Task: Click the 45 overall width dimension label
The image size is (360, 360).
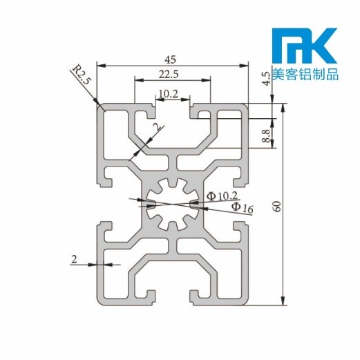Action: pos(172,59)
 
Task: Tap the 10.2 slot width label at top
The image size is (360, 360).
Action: pos(169,93)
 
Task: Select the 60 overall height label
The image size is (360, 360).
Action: pos(277,205)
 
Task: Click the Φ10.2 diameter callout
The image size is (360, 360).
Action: pos(223,197)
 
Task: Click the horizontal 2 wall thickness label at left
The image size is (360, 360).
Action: pos(74,259)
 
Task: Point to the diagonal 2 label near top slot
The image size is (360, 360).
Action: pos(156,128)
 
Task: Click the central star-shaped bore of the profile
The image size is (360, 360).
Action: pos(172,205)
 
